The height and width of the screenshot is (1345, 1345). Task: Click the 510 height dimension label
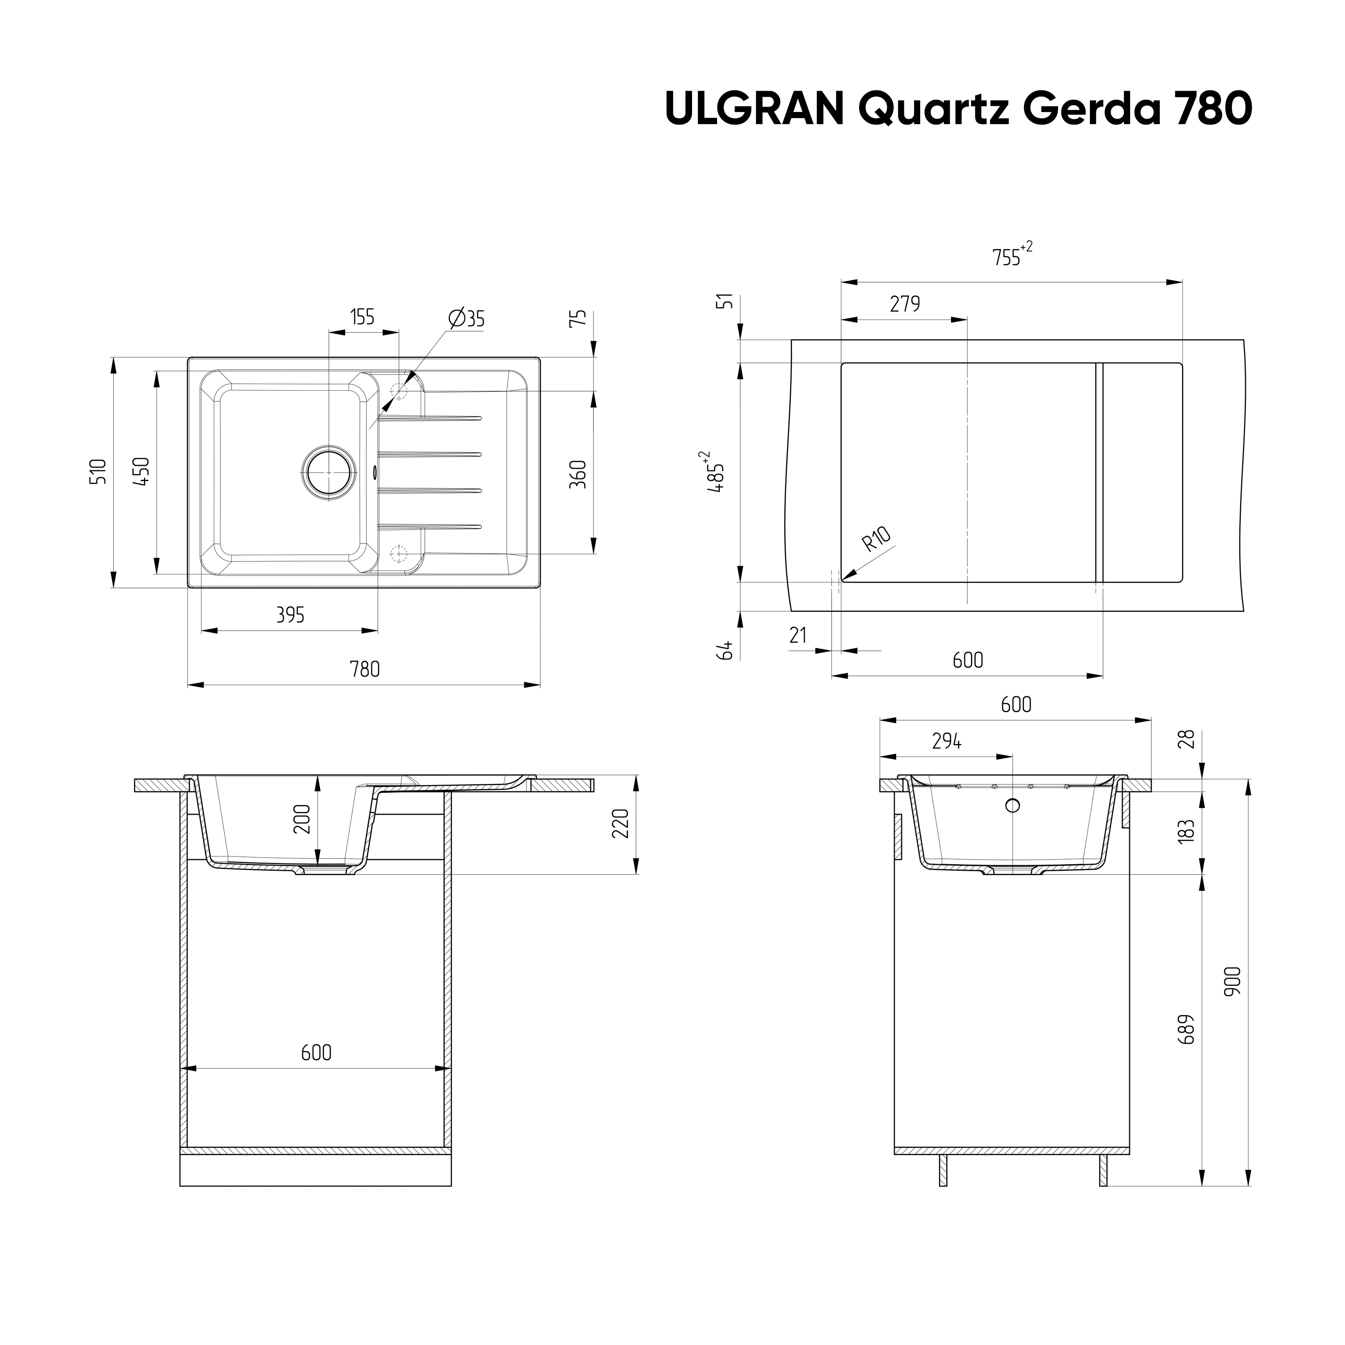99,472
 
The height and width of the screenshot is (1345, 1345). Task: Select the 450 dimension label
141,472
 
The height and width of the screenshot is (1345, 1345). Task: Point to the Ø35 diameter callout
467,319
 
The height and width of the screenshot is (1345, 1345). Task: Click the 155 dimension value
362,317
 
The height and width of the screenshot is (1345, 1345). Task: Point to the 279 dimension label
905,304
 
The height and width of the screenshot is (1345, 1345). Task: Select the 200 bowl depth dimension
301,819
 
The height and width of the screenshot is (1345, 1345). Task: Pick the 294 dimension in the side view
947,742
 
